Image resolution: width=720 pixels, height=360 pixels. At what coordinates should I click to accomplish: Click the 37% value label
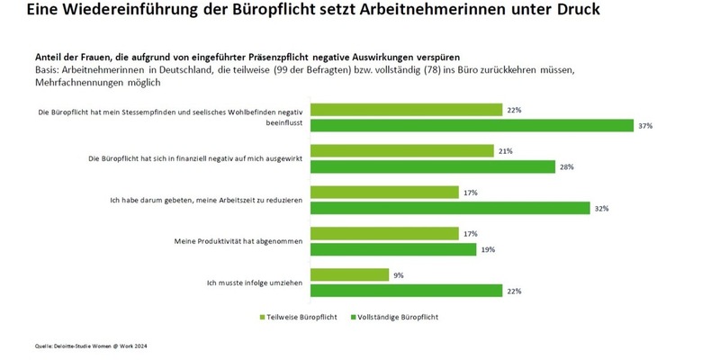click(x=645, y=126)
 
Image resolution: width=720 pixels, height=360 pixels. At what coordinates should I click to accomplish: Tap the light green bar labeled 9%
click(x=349, y=274)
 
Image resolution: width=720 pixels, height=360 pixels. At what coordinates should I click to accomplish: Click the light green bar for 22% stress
click(x=406, y=110)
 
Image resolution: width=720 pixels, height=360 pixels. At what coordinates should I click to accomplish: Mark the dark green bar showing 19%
click(x=392, y=249)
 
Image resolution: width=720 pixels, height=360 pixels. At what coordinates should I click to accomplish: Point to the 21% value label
click(x=506, y=151)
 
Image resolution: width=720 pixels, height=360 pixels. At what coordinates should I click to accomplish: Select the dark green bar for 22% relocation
click(x=406, y=290)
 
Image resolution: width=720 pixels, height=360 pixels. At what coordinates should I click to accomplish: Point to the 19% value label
click(x=487, y=249)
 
